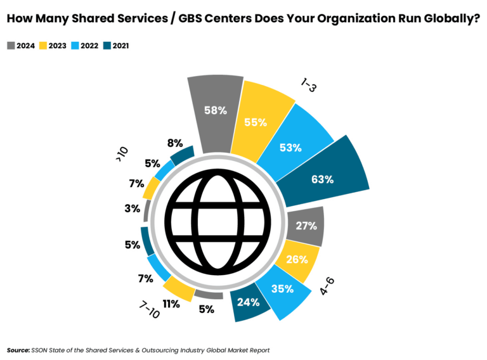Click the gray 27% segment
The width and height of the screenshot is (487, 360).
(306, 226)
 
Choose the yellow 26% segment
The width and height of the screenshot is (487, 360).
(295, 259)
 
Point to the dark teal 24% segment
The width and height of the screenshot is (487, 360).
(249, 302)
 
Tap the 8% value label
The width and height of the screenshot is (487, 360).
(175, 143)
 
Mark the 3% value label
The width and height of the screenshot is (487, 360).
(132, 208)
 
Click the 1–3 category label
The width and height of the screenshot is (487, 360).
(308, 85)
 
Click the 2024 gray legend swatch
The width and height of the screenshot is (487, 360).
(11, 46)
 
